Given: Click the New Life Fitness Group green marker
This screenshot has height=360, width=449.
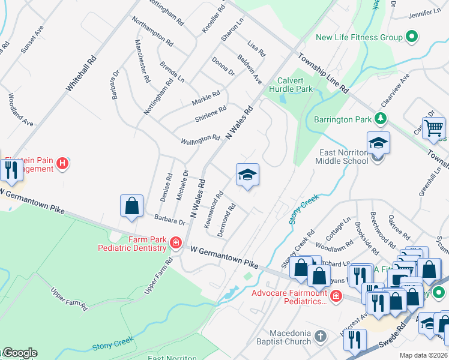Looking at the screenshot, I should (x=411, y=38).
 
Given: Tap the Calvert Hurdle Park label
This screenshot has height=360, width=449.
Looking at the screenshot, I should (x=295, y=85).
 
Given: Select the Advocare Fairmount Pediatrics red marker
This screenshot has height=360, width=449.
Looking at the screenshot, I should (x=336, y=295).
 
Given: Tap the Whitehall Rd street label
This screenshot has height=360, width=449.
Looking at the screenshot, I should (x=81, y=73).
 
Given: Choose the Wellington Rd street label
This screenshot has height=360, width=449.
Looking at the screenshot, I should (x=200, y=139).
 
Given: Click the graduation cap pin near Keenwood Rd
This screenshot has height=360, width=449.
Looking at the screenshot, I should (x=247, y=175).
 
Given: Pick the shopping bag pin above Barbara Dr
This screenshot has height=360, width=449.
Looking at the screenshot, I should (x=131, y=206).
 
